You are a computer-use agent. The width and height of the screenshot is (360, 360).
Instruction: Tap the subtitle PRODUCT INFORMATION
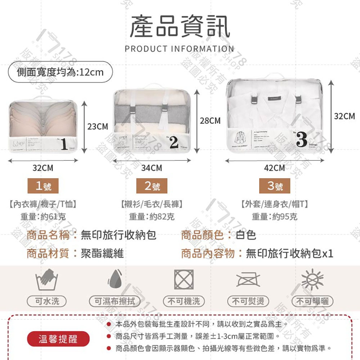pos(179,49)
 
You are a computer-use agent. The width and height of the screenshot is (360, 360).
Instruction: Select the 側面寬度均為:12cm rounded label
pos(60,72)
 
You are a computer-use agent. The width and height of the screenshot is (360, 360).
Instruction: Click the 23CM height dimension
pos(98,127)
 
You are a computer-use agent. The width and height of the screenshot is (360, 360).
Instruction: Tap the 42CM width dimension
pos(274,168)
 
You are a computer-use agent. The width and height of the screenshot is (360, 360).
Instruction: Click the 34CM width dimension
pos(152,168)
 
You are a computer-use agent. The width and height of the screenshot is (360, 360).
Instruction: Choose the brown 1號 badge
pos(43,186)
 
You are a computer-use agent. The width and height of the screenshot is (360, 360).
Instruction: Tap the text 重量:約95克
pos(274,217)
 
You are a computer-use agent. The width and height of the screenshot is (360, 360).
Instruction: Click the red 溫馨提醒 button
pos(58,339)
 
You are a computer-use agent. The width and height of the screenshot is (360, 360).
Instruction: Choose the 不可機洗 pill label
pos(184,301)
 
